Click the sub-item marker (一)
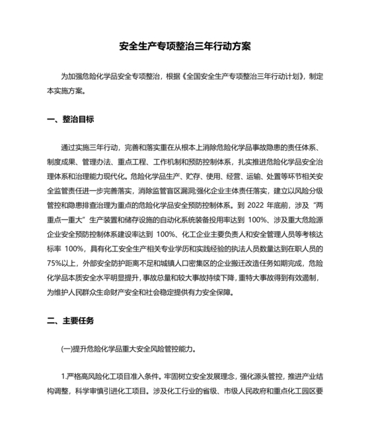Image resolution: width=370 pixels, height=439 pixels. [68, 349]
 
